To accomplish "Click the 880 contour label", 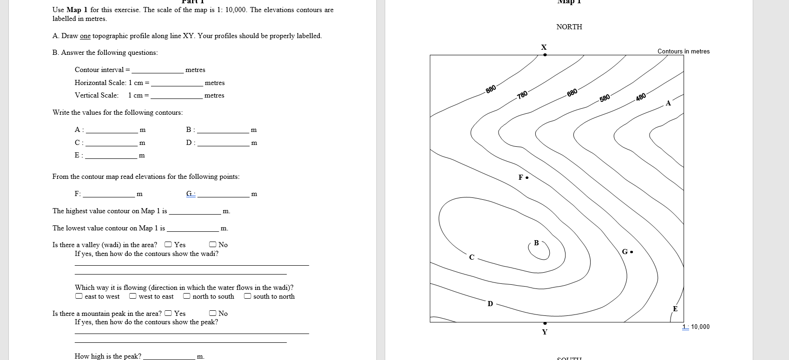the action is coord(491,88).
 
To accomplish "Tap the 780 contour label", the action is coord(522,95).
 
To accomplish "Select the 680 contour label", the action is coord(572,92).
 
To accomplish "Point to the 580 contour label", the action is coord(605,98).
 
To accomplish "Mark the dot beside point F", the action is coord(527,177).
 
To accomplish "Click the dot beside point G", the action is coord(631,252).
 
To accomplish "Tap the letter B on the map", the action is coord(536,243).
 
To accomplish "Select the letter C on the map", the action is coord(472,257).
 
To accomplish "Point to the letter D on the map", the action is coord(490,304).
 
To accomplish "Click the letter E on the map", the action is coord(675,309).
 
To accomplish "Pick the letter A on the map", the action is coord(668,104).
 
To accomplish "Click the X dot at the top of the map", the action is coord(545,55).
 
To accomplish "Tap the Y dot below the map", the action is coord(545,323).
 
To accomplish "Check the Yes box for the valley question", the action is coord(168,245).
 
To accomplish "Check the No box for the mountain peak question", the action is coord(212,314).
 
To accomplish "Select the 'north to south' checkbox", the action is coord(186,296).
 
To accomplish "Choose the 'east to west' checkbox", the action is coord(79,296).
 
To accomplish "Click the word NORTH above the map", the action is coord(569,27).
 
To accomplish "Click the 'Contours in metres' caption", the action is coord(683,52).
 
